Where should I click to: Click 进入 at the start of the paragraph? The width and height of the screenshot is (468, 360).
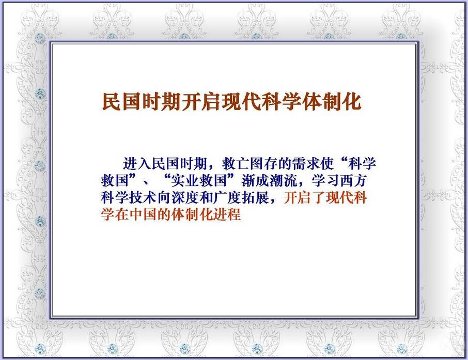tap(137, 164)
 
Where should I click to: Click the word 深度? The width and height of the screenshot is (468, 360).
tap(185, 198)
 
